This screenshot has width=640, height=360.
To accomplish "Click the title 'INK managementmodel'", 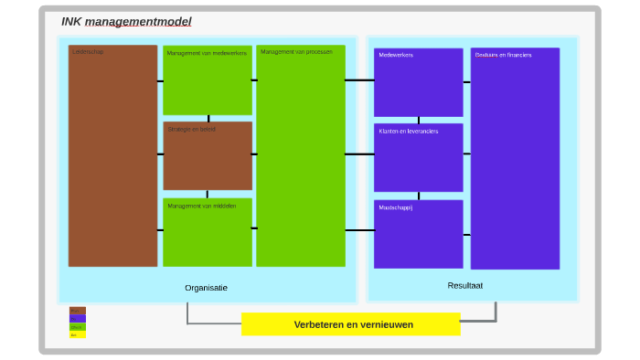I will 126,22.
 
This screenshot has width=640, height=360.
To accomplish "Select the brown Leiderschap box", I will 112,155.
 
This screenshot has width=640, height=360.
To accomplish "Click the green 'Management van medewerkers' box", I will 208,80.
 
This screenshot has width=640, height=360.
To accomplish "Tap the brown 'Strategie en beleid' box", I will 208,155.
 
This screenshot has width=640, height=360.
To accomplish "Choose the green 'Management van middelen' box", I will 208,232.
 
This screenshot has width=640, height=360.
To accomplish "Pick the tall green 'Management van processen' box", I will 301,155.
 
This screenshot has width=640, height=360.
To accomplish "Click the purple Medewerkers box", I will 418,82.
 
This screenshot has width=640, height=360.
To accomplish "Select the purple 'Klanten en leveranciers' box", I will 418,157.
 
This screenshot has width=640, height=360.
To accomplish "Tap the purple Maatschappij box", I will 418,234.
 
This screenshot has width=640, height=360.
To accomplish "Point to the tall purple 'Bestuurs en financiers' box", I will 515,158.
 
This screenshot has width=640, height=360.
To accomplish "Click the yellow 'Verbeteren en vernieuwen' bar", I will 351,324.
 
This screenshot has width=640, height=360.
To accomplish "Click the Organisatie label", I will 206,288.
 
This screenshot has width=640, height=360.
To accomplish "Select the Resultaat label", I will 464,286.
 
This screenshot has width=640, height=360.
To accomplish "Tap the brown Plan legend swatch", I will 78,311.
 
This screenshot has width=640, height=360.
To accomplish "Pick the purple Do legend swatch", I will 78,319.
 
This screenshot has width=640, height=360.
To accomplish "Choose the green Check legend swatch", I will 78,326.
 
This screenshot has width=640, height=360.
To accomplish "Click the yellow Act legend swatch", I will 78,334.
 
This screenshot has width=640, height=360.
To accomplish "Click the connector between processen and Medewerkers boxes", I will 359,80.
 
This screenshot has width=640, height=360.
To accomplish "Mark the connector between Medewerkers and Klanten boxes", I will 419,120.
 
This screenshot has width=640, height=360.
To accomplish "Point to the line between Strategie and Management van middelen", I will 208,194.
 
